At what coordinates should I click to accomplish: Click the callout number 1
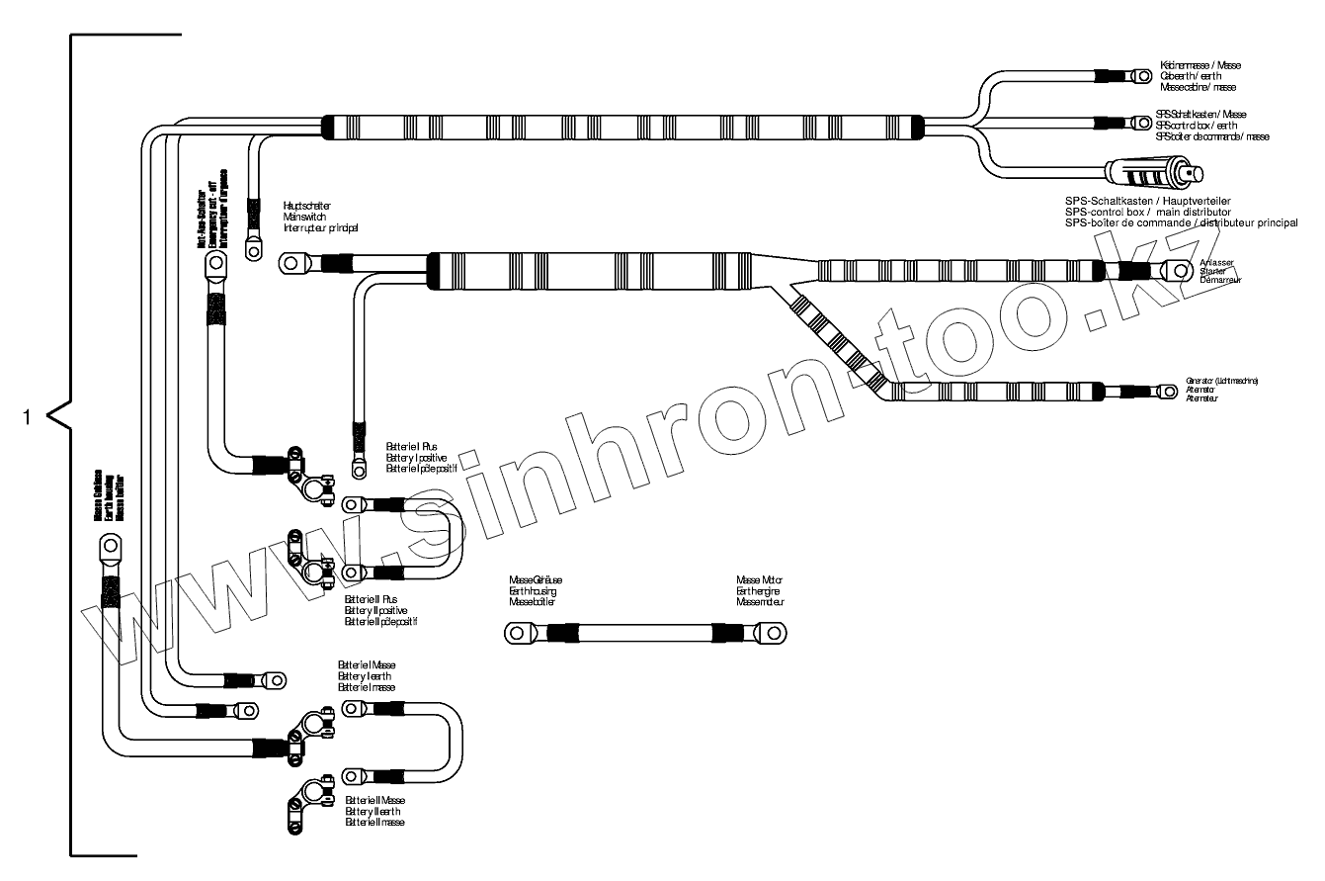28,417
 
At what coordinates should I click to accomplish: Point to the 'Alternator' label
1201,390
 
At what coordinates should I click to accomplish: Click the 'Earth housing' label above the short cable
533,591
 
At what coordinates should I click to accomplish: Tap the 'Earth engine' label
758,591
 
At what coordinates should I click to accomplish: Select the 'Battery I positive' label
416,458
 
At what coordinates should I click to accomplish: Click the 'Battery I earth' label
366,676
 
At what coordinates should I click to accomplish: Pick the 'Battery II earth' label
373,811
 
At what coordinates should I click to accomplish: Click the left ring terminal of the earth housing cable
517,632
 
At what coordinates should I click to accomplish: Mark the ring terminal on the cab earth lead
1140,75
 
